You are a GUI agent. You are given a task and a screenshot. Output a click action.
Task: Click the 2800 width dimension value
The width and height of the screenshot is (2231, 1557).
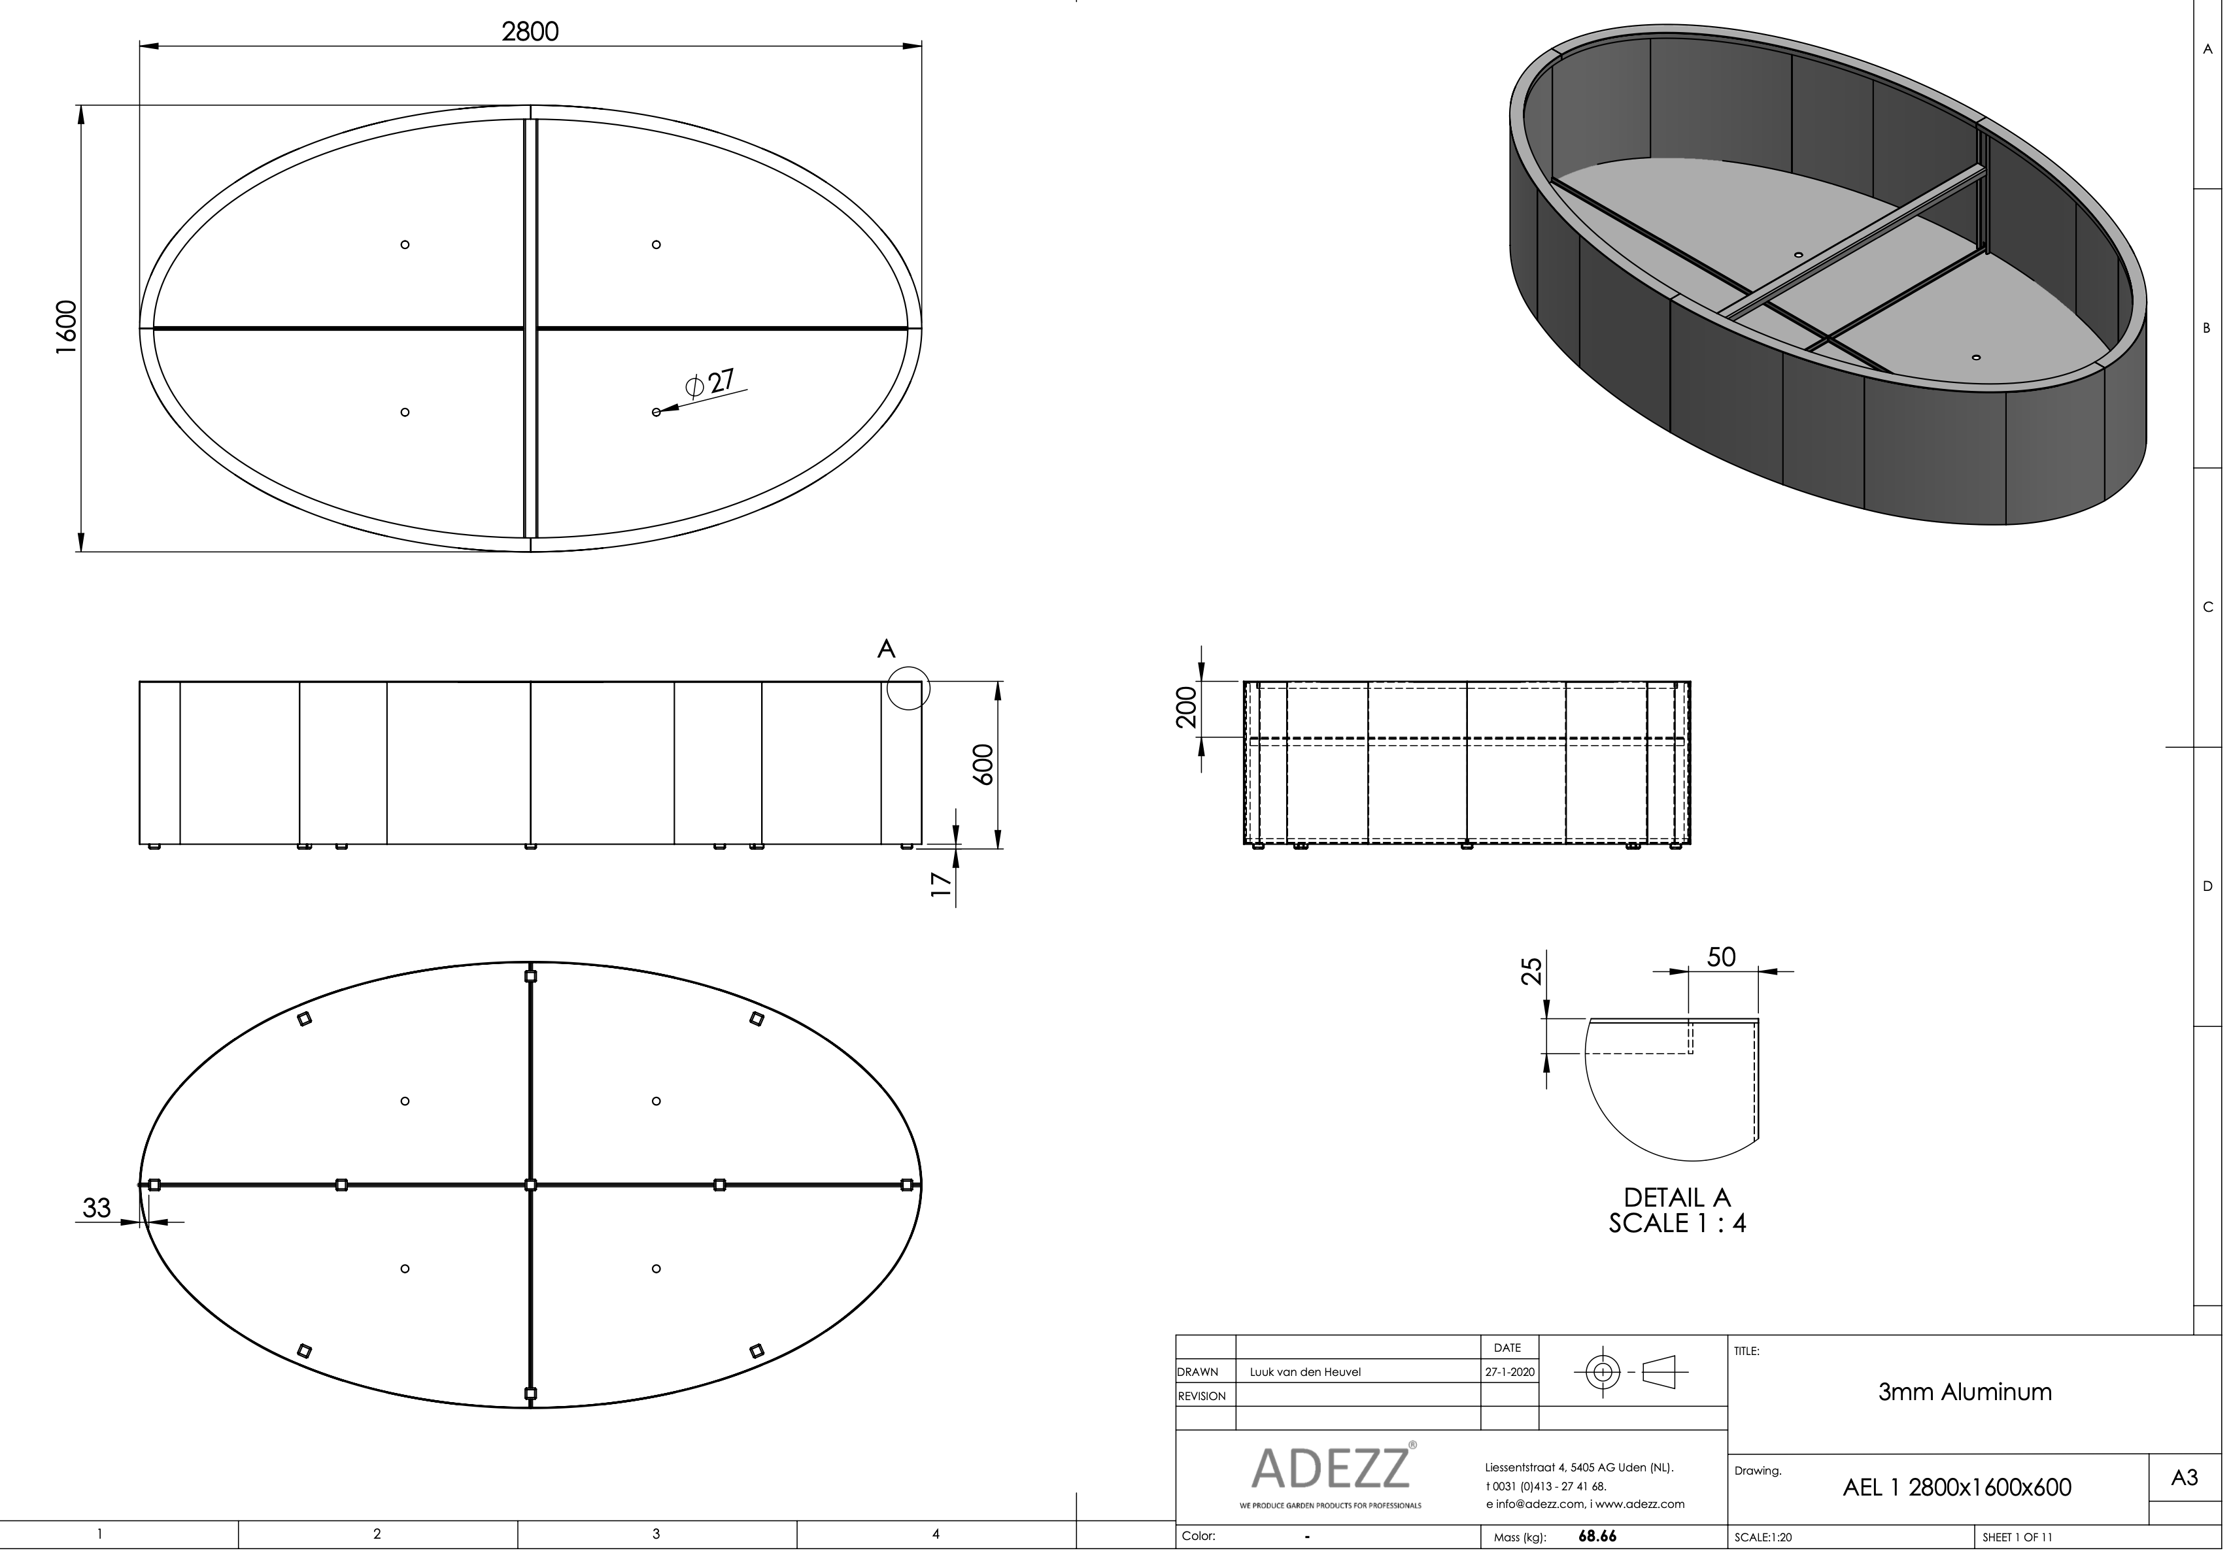[530, 32]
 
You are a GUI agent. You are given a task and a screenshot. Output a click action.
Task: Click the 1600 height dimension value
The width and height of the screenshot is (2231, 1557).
[65, 327]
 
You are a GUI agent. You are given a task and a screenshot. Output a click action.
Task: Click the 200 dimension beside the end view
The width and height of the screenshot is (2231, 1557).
[1186, 708]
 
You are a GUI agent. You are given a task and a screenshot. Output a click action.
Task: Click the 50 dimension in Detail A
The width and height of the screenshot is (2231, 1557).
[1721, 957]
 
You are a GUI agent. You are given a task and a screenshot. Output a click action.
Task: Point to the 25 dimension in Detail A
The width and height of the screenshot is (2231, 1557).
[1531, 971]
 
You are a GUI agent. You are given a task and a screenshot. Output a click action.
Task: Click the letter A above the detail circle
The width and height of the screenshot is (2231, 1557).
[885, 649]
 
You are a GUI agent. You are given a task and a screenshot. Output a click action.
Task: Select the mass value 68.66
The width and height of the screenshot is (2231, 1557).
[1597, 1537]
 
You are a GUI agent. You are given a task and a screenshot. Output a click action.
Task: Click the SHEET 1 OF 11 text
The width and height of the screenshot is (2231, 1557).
[2017, 1537]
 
